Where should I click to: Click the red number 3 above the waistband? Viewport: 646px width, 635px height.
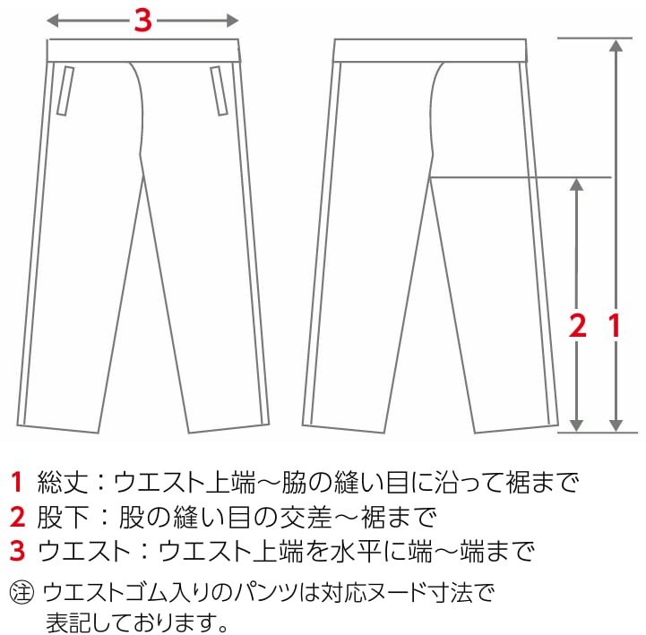(x=142, y=20)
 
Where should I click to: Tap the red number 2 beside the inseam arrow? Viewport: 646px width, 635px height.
(x=578, y=325)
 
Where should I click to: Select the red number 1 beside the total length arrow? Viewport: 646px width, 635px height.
(x=616, y=325)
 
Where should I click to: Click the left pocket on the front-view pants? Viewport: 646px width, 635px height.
(x=64, y=90)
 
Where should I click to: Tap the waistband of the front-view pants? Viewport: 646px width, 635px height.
(x=142, y=50)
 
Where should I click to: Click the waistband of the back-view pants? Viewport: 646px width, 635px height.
(x=429, y=50)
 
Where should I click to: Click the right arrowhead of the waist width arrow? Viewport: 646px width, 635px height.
(x=234, y=20)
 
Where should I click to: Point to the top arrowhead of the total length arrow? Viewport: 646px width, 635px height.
(x=616, y=45)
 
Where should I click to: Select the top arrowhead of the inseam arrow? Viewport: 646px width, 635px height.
(x=578, y=184)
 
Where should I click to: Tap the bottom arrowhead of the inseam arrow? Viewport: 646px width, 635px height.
(x=578, y=425)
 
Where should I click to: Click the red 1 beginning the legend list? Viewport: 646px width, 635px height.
(x=16, y=484)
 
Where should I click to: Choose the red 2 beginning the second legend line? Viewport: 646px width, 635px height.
(x=16, y=517)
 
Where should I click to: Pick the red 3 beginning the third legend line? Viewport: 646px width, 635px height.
(x=16, y=549)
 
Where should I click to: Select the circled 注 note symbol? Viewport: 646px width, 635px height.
(x=20, y=593)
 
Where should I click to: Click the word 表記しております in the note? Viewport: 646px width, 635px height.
(x=141, y=620)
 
